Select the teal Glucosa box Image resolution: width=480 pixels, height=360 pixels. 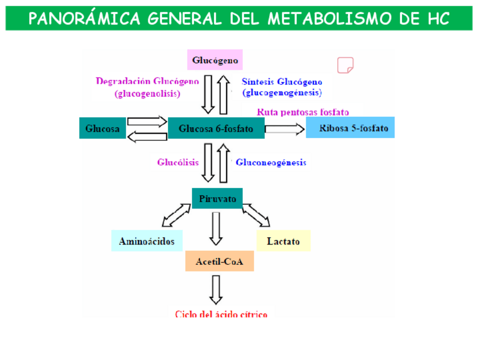(102, 128)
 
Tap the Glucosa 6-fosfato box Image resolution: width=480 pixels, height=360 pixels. (216, 128)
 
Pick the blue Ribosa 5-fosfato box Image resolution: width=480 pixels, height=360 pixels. (350, 128)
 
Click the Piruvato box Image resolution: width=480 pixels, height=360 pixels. (217, 198)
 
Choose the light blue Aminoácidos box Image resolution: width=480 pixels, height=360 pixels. (147, 241)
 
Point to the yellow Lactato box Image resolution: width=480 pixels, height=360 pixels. (284, 241)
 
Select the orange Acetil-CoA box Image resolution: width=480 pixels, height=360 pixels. (220, 262)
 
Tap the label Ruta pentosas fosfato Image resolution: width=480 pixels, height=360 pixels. (303, 112)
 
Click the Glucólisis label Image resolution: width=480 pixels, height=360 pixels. (178, 162)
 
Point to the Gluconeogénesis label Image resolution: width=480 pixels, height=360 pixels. (271, 162)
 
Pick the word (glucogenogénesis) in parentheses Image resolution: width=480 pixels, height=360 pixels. (282, 92)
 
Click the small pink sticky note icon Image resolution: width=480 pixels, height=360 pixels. (345, 65)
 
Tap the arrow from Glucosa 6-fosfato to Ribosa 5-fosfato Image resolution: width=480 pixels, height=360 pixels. (285, 129)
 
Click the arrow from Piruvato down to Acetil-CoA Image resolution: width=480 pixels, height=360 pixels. (216, 228)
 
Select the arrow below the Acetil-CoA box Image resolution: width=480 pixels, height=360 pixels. (216, 289)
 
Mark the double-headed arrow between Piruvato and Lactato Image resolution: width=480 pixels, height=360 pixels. (256, 215)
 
